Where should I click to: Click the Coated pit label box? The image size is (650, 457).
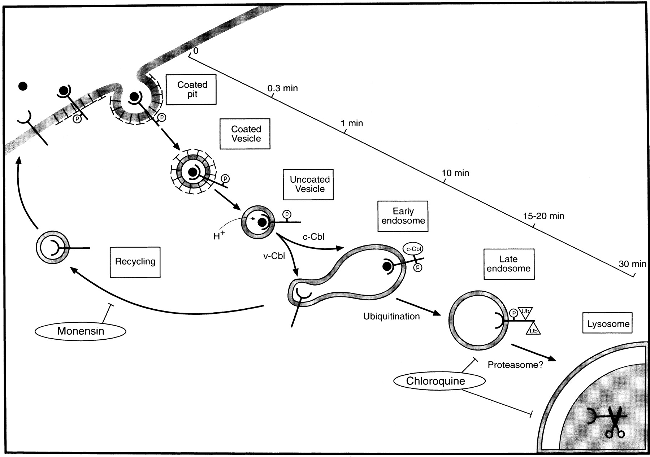tap(191, 90)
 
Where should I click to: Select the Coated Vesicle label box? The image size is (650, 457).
tap(245, 134)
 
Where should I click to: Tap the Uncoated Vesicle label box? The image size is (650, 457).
tap(308, 184)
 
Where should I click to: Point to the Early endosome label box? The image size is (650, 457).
tap(403, 216)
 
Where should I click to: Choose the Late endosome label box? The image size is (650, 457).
tap(509, 264)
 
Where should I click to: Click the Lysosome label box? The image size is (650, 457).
tap(608, 323)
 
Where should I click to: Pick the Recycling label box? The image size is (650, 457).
tap(135, 262)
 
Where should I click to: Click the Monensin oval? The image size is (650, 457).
tap(81, 331)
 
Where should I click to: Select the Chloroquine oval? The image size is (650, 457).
tap(435, 381)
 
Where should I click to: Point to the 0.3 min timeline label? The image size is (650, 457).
tap(283, 88)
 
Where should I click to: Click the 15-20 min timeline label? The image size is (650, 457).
tap(543, 216)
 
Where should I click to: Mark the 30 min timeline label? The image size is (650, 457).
tap(632, 264)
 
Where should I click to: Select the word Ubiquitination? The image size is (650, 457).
tap(391, 317)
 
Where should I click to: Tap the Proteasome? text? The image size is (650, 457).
tap(515, 365)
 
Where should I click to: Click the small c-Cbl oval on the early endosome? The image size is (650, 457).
tap(413, 249)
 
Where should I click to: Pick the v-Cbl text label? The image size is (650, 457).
tap(274, 256)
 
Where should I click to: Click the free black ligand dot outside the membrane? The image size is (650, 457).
tap(23, 86)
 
